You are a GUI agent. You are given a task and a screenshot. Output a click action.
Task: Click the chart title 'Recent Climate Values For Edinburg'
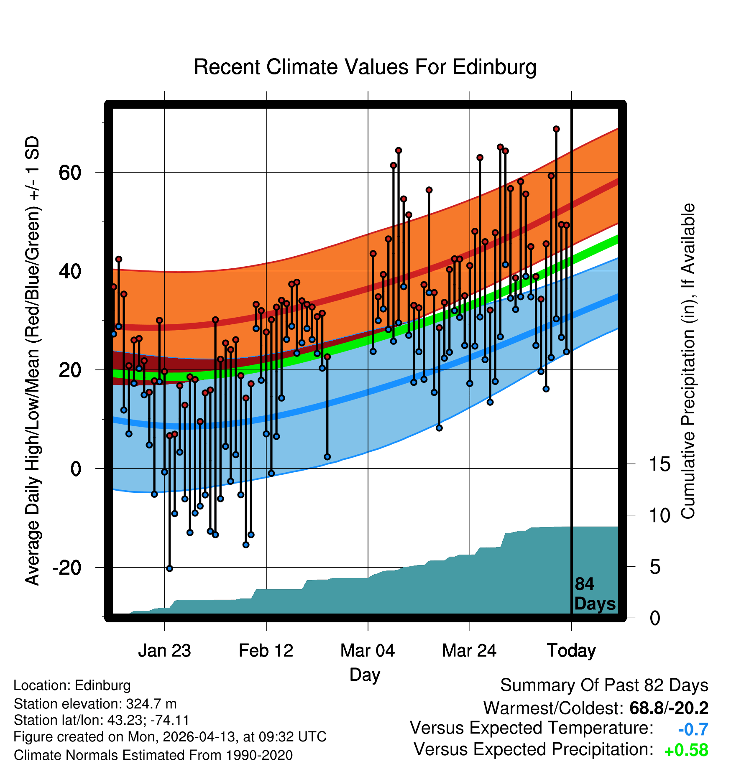coord(365,67)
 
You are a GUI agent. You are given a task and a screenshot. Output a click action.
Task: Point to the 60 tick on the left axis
coord(70,172)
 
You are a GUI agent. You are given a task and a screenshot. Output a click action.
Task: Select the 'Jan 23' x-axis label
coord(164,650)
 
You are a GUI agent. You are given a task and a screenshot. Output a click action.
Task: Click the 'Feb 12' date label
coord(266,650)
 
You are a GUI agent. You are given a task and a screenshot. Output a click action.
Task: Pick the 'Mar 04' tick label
coord(368,650)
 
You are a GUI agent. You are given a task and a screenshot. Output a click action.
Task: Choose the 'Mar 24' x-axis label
coord(469,650)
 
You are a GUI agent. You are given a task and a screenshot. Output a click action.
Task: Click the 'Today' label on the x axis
coord(571,651)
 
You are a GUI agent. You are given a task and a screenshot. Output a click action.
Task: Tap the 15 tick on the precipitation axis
coord(659,464)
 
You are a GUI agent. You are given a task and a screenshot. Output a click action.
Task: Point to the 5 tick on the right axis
coord(655,567)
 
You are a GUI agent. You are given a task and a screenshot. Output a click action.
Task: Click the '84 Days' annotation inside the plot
coord(595,594)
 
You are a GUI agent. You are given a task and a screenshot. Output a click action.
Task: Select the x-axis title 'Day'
coord(365,675)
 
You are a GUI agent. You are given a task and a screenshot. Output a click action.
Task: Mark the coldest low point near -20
coord(169,568)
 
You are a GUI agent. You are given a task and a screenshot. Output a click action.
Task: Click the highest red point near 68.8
coord(556,129)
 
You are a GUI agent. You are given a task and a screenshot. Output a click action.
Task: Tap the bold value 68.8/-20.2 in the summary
coord(669,708)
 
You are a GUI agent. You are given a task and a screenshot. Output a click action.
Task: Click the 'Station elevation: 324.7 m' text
coord(95,704)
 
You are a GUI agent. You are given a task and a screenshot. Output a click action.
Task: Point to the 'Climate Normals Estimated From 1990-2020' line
coord(153,755)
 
